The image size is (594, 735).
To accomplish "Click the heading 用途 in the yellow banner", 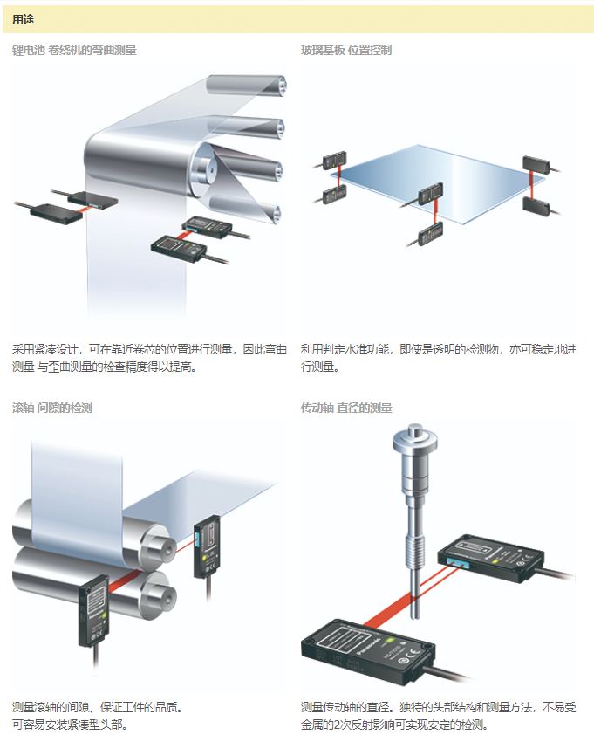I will [x=24, y=19].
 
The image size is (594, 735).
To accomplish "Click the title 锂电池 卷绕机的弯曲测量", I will [x=74, y=51].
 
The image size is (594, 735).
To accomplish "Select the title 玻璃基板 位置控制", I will [x=346, y=51].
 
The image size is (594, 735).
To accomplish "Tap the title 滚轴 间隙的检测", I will [x=52, y=408].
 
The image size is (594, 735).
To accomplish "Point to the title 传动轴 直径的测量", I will [x=346, y=408].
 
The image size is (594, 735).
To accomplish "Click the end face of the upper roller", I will [x=158, y=545].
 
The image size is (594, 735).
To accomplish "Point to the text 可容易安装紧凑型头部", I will [x=70, y=724].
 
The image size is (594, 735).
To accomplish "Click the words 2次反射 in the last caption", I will [x=354, y=724].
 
